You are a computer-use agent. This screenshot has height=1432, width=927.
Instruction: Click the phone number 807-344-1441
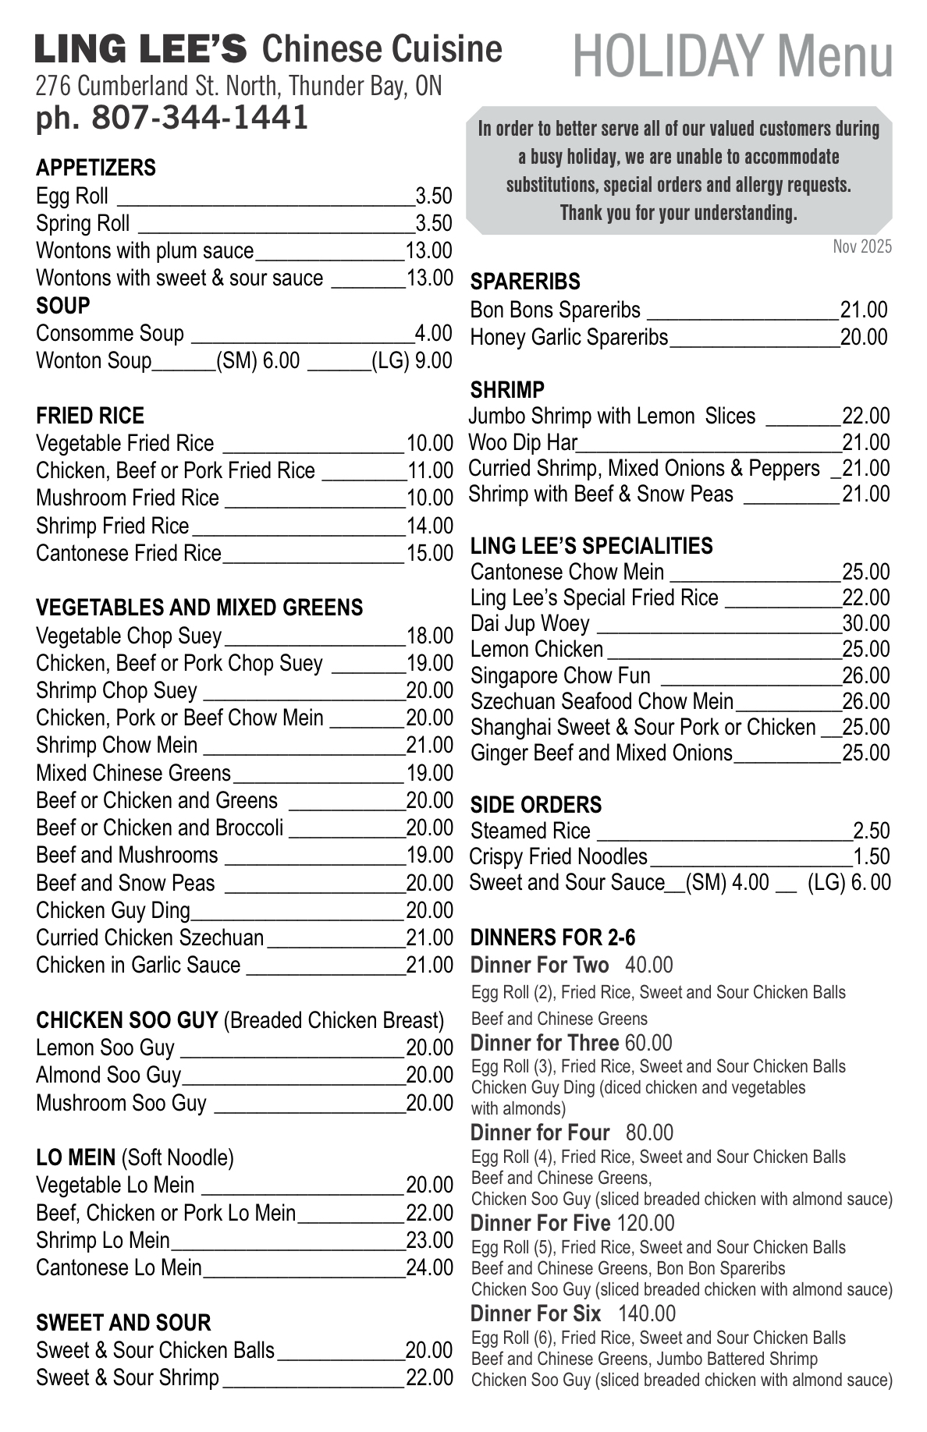coord(200,118)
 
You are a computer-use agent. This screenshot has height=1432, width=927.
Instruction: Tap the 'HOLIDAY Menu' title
coord(733,57)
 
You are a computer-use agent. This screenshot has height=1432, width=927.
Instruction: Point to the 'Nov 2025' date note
coord(861,247)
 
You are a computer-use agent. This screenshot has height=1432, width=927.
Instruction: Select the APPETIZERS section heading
coord(96,168)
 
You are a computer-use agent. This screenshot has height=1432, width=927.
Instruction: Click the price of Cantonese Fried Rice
coord(429,554)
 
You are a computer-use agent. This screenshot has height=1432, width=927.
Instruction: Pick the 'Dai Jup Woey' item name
coord(530,624)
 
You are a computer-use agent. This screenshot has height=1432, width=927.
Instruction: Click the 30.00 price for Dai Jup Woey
coord(865,624)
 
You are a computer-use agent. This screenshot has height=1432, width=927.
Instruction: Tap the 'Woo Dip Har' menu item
coord(523,443)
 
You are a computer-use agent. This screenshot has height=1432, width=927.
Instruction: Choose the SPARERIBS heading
coord(525,282)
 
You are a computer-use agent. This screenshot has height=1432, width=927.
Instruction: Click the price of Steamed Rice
coord(871,831)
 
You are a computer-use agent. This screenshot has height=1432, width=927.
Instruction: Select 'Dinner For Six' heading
coord(535,1313)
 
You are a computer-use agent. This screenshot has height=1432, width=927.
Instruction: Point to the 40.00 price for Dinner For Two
coord(648,966)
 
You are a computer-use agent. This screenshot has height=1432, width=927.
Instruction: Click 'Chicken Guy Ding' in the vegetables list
coord(113,911)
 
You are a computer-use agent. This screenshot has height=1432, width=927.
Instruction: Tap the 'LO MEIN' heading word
coord(76,1157)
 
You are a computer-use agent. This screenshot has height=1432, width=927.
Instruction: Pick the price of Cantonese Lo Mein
coord(429,1267)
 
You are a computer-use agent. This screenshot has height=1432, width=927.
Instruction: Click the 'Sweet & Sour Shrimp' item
coord(127,1377)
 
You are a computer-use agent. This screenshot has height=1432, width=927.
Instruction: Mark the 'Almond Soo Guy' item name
coord(108,1076)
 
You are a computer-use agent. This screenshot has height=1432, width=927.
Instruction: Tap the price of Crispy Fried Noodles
coord(871,857)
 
